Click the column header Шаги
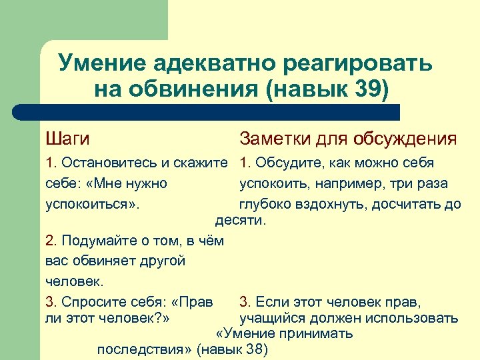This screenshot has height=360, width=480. point(67,139)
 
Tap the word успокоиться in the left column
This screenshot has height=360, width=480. point(91,203)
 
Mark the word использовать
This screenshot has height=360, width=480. point(411,317)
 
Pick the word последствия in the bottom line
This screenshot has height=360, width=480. point(143,349)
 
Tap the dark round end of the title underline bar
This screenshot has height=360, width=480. point(20,112)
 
